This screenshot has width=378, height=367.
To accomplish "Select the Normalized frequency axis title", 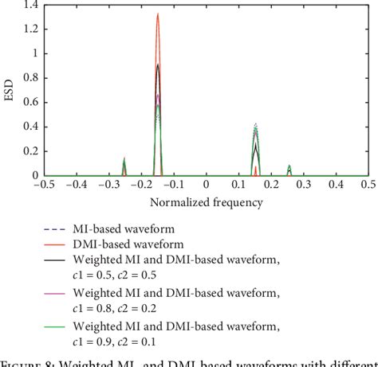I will [x=206, y=202].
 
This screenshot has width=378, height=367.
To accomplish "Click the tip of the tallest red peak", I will [x=158, y=14].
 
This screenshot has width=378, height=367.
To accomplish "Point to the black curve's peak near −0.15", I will [x=158, y=64].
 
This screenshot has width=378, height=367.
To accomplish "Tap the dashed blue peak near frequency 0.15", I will [x=255, y=124].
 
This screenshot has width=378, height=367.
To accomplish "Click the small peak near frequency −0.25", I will [x=124, y=158].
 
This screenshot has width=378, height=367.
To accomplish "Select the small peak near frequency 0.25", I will [x=289, y=166].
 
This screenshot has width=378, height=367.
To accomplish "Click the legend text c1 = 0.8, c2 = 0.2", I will [x=120, y=307].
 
